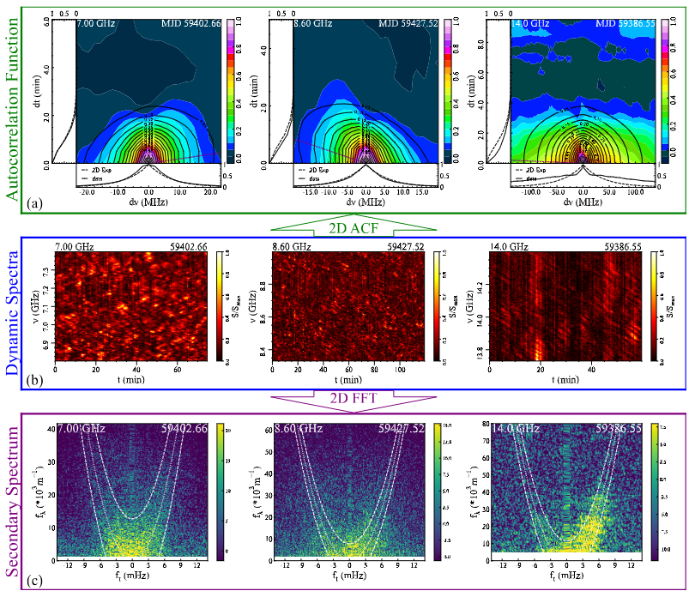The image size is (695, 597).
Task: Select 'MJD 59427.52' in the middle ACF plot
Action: point(408,22)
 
